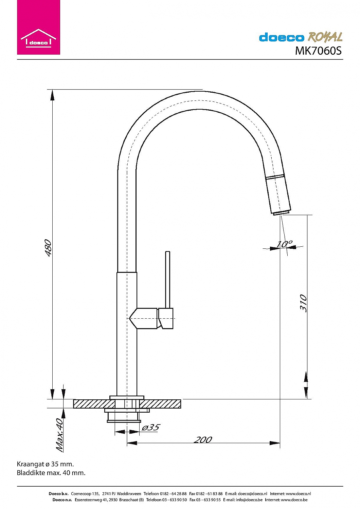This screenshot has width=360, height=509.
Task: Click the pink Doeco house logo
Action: pyautogui.click(x=38, y=27)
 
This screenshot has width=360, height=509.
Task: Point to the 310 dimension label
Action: pyautogui.click(x=303, y=303)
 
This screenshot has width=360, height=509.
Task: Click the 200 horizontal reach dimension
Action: pyautogui.click(x=203, y=439)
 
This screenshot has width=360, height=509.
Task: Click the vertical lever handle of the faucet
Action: pyautogui.click(x=168, y=280)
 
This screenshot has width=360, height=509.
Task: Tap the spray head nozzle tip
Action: pyautogui.click(x=281, y=213)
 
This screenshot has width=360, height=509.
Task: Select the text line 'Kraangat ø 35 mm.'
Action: pyautogui.click(x=45, y=464)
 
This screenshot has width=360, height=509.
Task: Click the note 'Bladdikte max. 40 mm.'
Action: pyautogui.click(x=51, y=473)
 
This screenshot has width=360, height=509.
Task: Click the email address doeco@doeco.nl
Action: pyautogui.click(x=252, y=494)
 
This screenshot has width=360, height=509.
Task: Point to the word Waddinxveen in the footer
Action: pyautogui.click(x=129, y=494)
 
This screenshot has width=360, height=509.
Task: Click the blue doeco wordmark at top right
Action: pyautogui.click(x=282, y=37)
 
